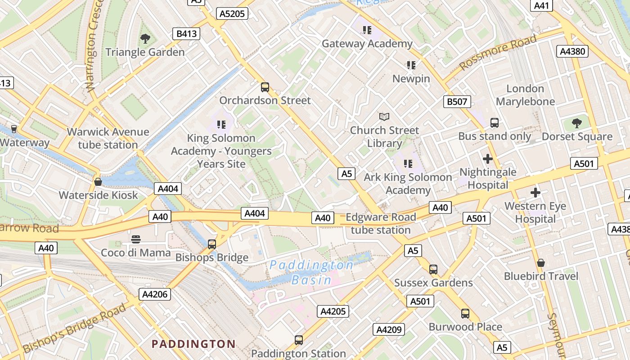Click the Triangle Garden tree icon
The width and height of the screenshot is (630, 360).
pyautogui.click(x=145, y=39)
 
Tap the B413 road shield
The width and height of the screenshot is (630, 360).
pyautogui.click(x=186, y=34)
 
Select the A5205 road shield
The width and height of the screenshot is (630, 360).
pyautogui.click(x=232, y=14)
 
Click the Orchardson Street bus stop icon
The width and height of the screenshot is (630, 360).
pyautogui.click(x=265, y=87)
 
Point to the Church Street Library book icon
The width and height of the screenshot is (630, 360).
pyautogui.click(x=384, y=117)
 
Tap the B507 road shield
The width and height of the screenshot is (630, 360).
pyautogui.click(x=457, y=102)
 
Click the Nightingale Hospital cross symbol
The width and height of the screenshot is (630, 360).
pyautogui.click(x=488, y=159)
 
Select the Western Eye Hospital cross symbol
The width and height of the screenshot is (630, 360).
pyautogui.click(x=535, y=193)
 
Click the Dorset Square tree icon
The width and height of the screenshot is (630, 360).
pyautogui.click(x=576, y=123)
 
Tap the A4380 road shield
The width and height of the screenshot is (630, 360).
pyautogui.click(x=573, y=51)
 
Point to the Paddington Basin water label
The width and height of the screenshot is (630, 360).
pyautogui.click(x=311, y=273)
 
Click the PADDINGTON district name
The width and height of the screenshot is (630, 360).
pyautogui.click(x=193, y=344)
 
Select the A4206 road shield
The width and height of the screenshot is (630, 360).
pyautogui.click(x=155, y=295)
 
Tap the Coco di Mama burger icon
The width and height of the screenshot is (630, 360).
pyautogui.click(x=136, y=239)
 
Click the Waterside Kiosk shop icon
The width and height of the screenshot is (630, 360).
pyautogui.click(x=98, y=182)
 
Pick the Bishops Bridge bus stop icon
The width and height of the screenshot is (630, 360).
pyautogui.click(x=212, y=244)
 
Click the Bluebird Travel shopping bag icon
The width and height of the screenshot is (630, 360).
pyautogui.click(x=541, y=263)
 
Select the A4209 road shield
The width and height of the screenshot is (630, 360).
pyautogui.click(x=389, y=330)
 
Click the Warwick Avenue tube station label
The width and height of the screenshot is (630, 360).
pyautogui.click(x=108, y=138)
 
